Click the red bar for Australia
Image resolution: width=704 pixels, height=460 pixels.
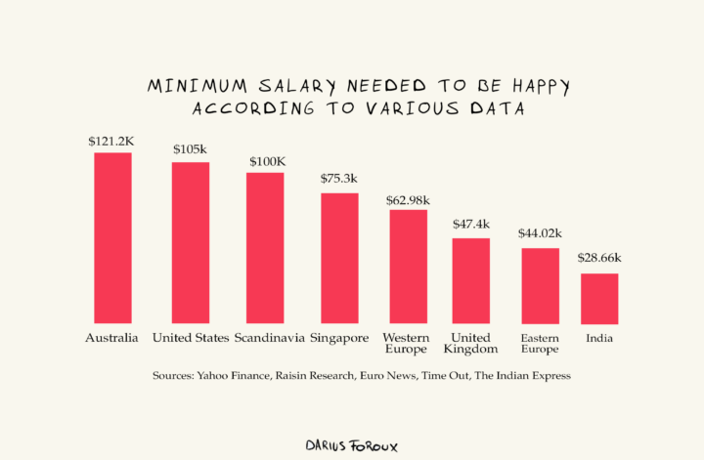pos(112,237)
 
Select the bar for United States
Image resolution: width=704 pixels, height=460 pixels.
pos(191,242)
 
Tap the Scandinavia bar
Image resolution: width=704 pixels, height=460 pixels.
pos(265,247)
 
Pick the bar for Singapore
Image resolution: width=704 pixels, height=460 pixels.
pos(339,258)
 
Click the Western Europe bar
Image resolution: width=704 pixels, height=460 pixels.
pos(408,266)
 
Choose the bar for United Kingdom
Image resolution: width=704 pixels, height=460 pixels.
pos(470,280)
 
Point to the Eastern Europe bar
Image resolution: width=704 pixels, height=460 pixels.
pos(540,285)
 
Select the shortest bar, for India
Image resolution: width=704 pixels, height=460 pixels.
pos(599,298)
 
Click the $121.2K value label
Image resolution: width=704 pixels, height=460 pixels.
pos(110,142)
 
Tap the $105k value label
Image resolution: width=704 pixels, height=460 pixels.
pos(190,149)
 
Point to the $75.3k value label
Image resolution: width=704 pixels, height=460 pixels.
pos(339,179)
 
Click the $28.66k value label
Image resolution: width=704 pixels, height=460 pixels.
pos(598,259)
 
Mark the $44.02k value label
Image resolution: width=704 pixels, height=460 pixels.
pos(540,234)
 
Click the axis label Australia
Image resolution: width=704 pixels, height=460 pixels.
pos(111,338)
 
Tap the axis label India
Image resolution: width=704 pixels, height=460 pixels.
pos(599,338)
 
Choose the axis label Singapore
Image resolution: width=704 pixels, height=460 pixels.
pos(339,338)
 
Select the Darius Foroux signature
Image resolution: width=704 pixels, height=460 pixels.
pos(352,444)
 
